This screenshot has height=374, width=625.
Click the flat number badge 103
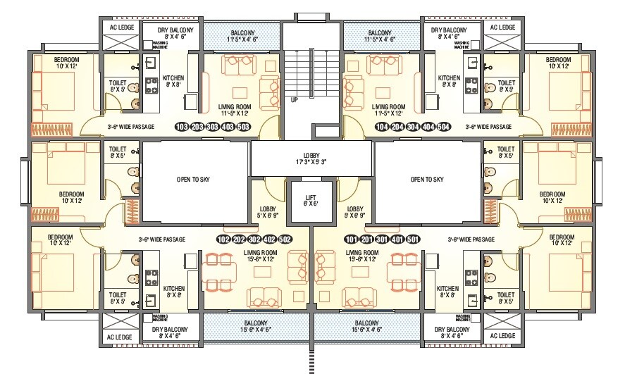[182, 127]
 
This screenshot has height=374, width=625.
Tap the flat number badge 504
[443, 127]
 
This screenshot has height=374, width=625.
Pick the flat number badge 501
[414, 239]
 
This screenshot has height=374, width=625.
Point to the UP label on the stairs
[294, 101]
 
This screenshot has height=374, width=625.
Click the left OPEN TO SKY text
[193, 180]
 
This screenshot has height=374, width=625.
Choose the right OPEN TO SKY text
[427, 180]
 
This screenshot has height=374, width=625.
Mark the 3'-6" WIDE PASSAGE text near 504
[488, 127]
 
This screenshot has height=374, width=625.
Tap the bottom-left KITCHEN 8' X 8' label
[174, 292]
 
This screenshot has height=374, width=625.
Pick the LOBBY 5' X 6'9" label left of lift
[268, 212]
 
